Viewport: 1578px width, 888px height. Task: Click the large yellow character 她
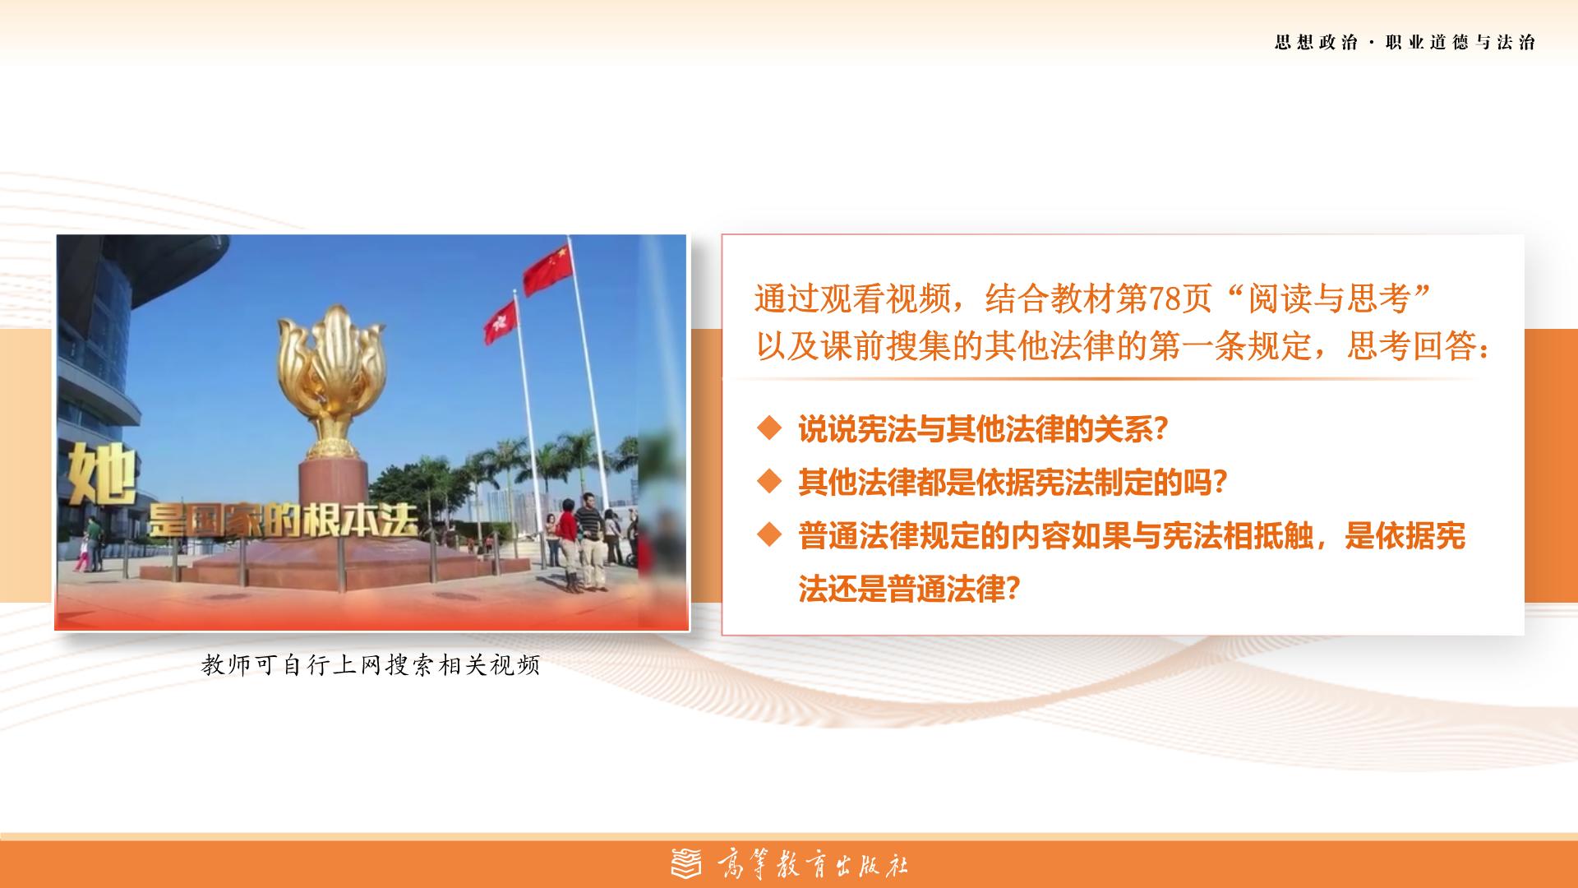100,474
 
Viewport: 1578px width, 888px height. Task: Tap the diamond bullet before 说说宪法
769,428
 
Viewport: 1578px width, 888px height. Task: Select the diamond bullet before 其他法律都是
769,482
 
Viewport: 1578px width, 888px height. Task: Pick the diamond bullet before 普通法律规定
769,535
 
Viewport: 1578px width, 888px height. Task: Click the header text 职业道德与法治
1460,43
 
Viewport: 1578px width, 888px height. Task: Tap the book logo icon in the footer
686,863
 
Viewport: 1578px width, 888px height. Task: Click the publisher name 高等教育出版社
812,864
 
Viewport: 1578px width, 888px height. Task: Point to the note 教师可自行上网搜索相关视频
371,665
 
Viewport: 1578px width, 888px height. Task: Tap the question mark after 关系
1160,429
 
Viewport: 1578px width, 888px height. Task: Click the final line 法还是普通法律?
909,589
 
